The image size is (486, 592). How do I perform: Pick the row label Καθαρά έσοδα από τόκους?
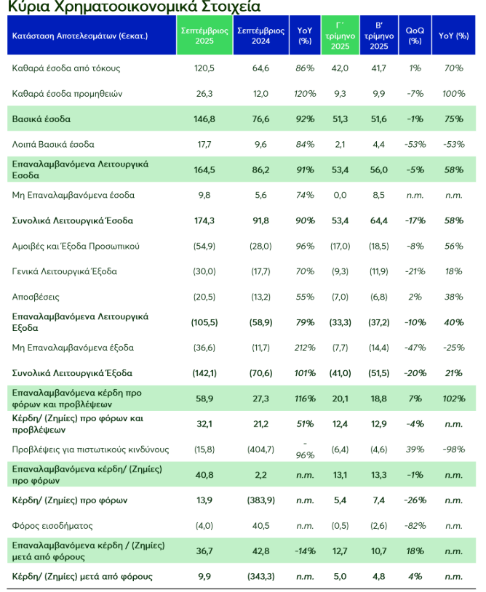coord(66,68)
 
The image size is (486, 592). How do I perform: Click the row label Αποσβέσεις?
coord(36,297)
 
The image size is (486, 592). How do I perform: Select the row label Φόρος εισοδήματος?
coord(54,525)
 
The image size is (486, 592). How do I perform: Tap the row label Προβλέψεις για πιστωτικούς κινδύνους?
coord(91,449)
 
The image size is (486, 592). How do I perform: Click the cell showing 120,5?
coord(204,68)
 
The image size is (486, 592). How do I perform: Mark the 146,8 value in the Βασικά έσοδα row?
coord(204,119)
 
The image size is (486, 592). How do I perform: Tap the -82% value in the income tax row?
coord(415,525)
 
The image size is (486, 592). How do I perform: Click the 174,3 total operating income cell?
coord(204,220)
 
